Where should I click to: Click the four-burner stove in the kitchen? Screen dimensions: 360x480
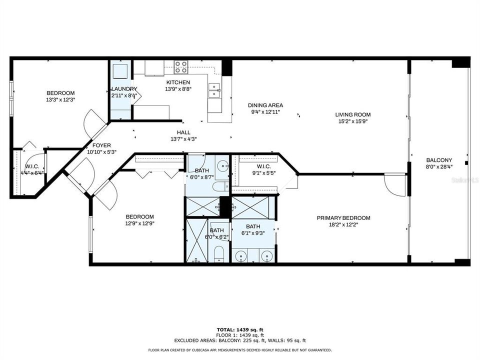180,67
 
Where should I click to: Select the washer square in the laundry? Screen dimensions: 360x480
120,71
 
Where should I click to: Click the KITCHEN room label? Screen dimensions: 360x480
178,82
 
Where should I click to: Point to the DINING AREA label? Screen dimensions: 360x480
265,105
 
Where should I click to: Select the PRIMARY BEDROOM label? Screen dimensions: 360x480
343,218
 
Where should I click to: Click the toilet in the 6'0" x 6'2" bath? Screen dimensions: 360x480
218,252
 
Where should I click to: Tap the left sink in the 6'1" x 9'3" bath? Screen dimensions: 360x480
242,255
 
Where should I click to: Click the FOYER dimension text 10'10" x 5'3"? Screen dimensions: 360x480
101,151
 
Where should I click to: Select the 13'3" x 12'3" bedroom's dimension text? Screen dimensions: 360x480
60,99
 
